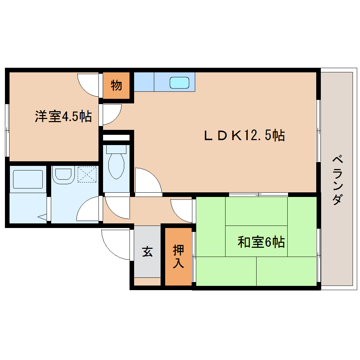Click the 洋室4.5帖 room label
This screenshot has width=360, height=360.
63,116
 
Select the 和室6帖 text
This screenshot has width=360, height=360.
261,242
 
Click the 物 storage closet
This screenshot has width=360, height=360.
116,85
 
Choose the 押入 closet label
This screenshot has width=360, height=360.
178,257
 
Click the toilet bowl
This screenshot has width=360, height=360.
116,166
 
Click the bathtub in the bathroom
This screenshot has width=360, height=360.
28,179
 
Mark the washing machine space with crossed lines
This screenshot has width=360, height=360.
87,174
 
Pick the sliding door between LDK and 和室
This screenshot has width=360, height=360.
258,194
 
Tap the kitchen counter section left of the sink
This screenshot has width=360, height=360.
144,82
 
